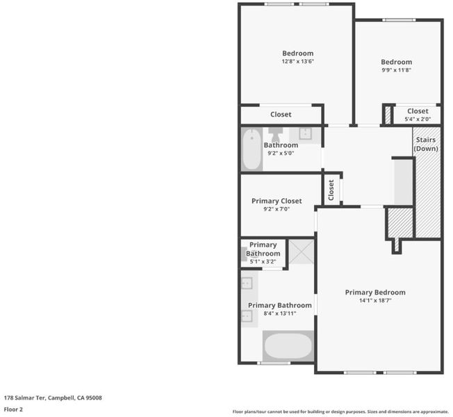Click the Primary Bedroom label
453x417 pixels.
375,293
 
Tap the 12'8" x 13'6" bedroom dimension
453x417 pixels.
297,61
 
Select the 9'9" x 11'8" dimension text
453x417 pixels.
396,70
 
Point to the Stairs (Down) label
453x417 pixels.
426,144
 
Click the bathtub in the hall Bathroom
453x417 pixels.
252,149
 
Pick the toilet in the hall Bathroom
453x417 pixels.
275,134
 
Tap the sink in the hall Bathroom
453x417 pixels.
305,134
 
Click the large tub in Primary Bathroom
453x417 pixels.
288,345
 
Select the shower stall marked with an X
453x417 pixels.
302,252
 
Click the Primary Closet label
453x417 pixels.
277,201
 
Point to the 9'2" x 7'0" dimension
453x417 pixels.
277,209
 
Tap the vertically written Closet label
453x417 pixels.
331,190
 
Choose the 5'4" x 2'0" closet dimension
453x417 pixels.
418,119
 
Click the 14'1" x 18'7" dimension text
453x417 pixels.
375,300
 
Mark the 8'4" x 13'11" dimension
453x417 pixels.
280,313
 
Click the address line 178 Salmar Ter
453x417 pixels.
53,398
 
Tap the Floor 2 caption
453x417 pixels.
13,409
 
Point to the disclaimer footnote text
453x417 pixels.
340,411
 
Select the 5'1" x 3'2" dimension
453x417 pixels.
263,262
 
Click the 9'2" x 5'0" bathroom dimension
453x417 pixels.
281,153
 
